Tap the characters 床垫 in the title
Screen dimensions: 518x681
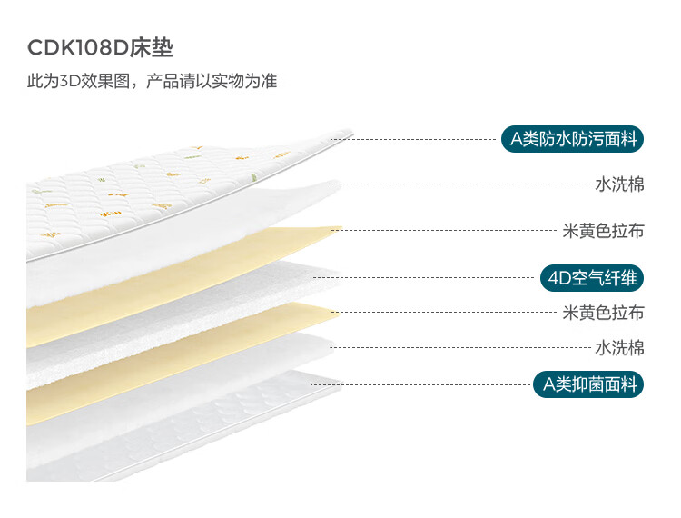(151, 48)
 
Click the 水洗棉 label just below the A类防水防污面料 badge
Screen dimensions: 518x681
(619, 184)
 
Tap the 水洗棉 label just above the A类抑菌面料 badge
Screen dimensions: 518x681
(619, 347)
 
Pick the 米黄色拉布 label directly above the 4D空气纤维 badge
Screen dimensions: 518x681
(603, 230)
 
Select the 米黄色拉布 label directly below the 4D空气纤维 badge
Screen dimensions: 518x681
(603, 312)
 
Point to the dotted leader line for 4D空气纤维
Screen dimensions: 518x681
(427, 276)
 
